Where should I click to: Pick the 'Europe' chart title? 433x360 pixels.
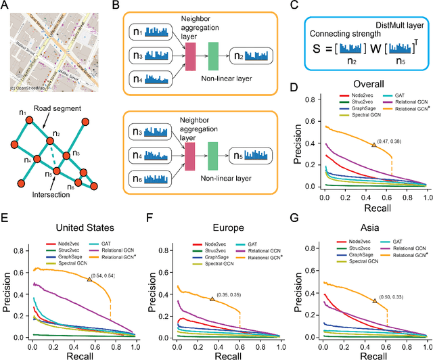tap(220, 219)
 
